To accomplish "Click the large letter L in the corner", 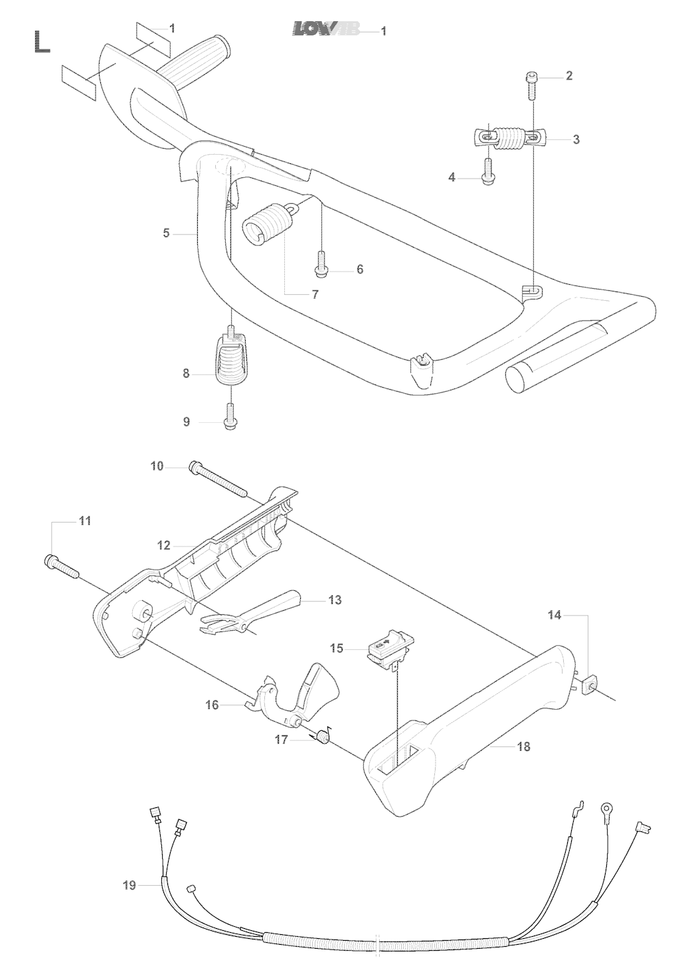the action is [x=42, y=42].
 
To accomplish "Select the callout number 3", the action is [x=576, y=139].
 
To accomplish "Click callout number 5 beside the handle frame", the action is [x=166, y=233].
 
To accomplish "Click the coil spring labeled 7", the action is [x=268, y=223].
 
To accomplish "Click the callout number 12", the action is [x=164, y=545].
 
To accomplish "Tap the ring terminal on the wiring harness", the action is [x=605, y=807].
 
